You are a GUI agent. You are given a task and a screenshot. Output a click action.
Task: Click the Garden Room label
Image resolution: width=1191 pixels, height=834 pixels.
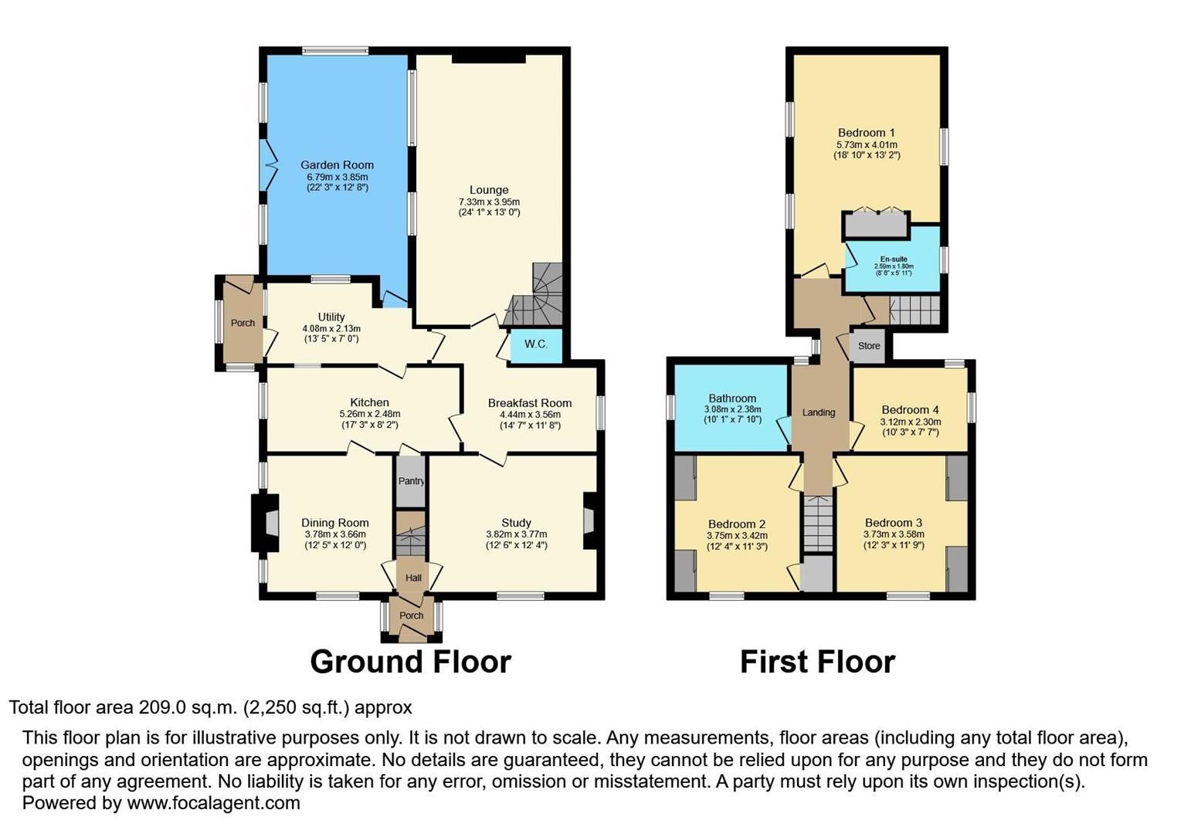[337, 165]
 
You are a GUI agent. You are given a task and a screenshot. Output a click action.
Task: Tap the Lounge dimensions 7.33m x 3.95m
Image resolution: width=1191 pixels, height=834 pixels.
[489, 202]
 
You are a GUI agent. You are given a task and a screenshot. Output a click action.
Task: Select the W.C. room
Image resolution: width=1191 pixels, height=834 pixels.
[536, 345]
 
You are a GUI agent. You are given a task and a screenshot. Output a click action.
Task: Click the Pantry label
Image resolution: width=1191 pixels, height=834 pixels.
[411, 481]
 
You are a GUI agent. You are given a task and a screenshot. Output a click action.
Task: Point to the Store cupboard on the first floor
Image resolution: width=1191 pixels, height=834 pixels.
[867, 346]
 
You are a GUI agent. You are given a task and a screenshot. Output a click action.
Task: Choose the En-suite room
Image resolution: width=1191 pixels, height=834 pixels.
[893, 260]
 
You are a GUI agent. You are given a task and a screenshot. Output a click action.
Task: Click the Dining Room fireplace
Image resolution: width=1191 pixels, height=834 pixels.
[266, 523]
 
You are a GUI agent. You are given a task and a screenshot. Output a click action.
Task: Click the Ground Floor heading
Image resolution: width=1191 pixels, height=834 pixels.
[411, 662]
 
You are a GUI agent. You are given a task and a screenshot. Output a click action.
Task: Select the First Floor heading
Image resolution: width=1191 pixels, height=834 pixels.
[818, 662]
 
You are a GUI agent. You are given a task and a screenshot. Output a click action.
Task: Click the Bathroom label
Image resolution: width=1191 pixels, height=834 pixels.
[732, 398]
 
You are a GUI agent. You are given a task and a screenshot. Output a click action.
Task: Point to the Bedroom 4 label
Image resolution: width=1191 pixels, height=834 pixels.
[911, 410]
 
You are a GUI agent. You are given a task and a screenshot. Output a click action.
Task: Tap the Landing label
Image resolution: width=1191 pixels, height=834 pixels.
[819, 412]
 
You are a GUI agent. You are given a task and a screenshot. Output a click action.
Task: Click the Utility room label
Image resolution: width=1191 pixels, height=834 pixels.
[331, 317]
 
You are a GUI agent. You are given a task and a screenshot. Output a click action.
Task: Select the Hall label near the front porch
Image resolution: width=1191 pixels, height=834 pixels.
[414, 578]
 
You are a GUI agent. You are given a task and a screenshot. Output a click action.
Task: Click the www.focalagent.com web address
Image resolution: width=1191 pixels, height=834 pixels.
[213, 802]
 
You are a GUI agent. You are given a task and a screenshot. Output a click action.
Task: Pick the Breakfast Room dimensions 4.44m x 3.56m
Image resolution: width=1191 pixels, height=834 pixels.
[530, 415]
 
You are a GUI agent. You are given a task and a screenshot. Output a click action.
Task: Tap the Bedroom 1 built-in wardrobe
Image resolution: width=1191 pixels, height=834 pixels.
[876, 224]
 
